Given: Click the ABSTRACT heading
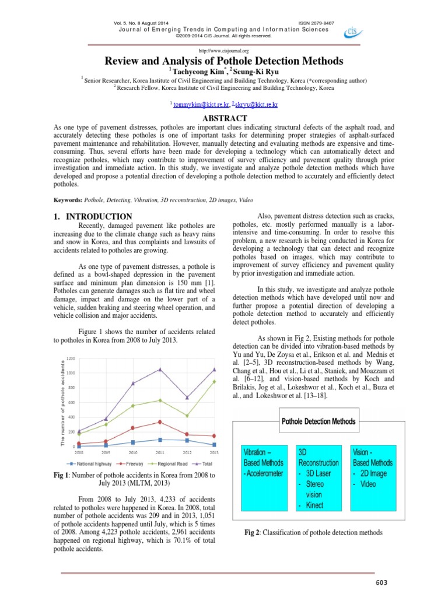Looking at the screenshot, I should coord(223,117).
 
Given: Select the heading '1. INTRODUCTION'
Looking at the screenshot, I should coord(92,216).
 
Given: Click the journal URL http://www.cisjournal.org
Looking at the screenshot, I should coord(223,51).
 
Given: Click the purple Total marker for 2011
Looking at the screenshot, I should coord(160,369).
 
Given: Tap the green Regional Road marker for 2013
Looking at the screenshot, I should coord(215,381).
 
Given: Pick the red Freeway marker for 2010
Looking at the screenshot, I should coord(133,428).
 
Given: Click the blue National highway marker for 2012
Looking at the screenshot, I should coord(187,440).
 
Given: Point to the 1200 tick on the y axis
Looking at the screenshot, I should coord(71,358).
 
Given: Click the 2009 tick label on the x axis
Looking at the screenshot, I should coord(106,452).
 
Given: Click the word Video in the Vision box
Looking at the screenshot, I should coord(368,484).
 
